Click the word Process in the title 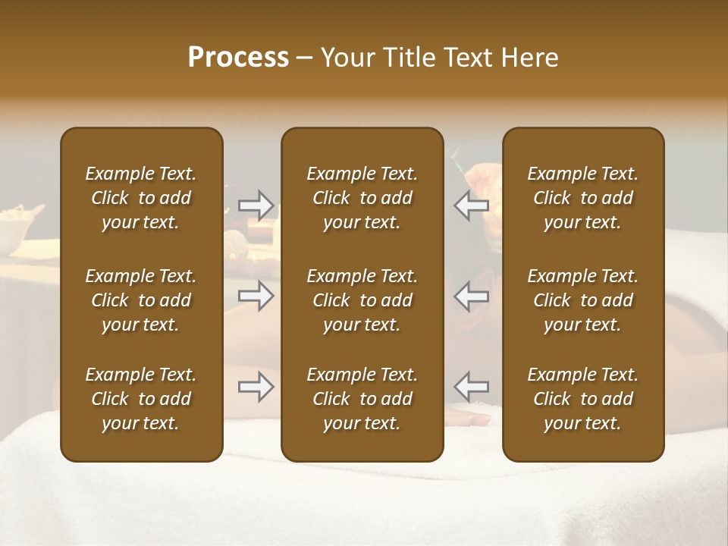tap(238, 58)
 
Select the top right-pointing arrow tap(256, 205)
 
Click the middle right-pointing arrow tap(256, 296)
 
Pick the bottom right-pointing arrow tap(256, 388)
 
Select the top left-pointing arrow tap(472, 205)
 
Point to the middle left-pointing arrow tap(472, 296)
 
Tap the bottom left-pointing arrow tap(472, 386)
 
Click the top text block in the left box tap(141, 198)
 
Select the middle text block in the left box tap(141, 300)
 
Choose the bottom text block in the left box tap(141, 399)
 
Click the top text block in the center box tap(362, 198)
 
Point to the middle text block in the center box tap(362, 300)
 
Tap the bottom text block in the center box tap(362, 399)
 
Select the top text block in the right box tap(583, 198)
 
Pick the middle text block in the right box tap(583, 300)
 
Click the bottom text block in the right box tap(583, 399)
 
